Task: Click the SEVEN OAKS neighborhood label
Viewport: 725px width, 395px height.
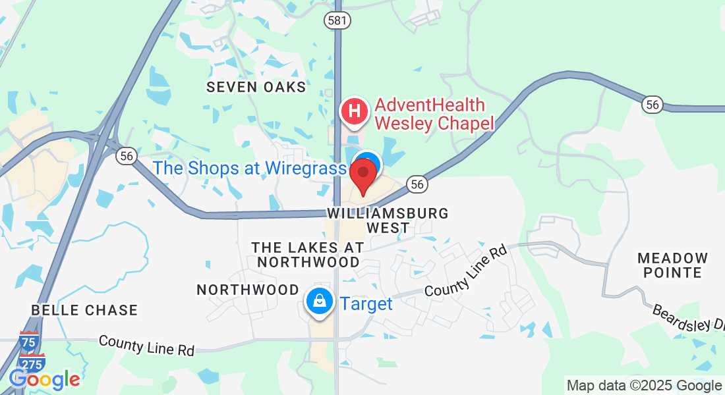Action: click(256, 87)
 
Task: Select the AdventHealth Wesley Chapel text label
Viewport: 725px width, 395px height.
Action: click(434, 114)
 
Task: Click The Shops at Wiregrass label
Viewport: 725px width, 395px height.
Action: click(249, 168)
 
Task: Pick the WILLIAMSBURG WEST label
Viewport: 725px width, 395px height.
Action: click(388, 221)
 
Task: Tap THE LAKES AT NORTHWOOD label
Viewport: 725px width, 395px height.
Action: click(308, 254)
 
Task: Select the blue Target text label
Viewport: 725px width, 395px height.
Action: click(366, 303)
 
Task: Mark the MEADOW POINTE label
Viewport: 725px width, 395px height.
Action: click(672, 265)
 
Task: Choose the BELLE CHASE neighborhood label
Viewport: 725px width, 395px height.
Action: click(85, 310)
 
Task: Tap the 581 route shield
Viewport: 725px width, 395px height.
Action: click(336, 21)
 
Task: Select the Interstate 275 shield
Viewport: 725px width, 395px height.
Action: click(32, 362)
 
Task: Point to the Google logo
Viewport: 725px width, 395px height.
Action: click(44, 379)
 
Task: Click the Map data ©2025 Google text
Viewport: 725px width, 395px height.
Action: click(644, 386)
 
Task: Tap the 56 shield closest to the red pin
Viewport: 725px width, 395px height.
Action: click(417, 184)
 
